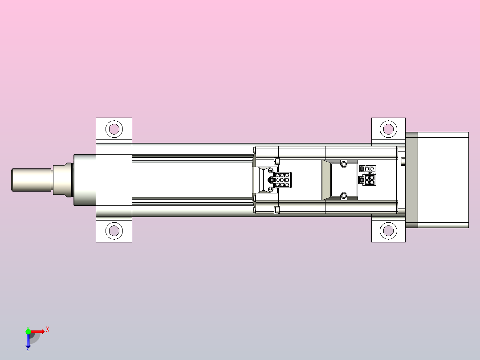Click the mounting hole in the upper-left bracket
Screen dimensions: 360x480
pos(114,129)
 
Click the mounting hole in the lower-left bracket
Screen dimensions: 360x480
pos(114,231)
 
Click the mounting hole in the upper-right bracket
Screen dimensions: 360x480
pos(388,129)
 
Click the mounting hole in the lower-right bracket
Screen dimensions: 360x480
pos(388,231)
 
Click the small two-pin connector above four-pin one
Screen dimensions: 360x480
pos(369,169)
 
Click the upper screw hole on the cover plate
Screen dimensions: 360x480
pos(343,164)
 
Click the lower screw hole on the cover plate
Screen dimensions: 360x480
pos(343,196)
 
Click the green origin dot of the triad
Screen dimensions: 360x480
pos(28,331)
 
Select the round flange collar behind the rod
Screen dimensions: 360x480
pos(85,180)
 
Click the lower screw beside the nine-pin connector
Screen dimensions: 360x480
pos(271,189)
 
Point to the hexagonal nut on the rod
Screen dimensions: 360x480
pos(62,180)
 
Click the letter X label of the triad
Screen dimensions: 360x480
pos(48,329)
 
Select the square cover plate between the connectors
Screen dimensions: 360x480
pos(343,180)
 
